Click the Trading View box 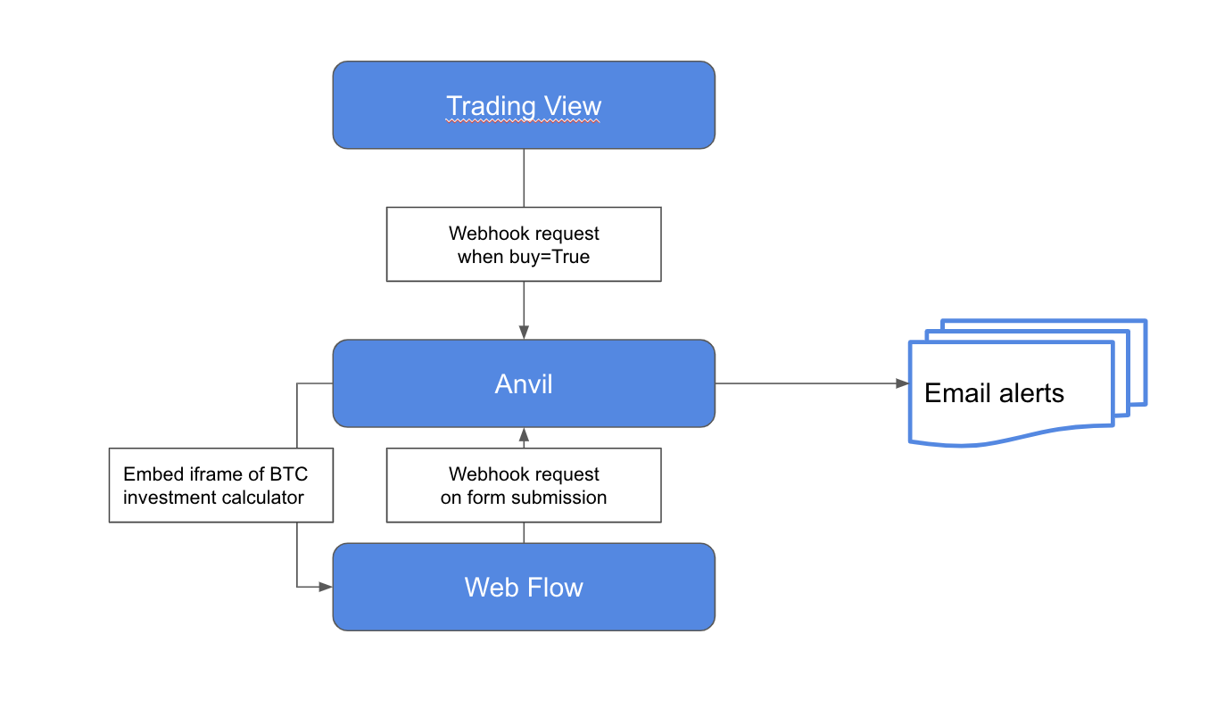[x=524, y=105]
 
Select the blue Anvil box [x=524, y=383]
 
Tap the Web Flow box [x=524, y=587]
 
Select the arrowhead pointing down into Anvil [x=524, y=332]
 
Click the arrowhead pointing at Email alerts [x=902, y=383]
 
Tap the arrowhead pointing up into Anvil [x=524, y=435]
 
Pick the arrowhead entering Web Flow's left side [x=326, y=587]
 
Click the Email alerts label [x=994, y=393]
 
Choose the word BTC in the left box [x=288, y=474]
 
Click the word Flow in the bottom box [x=557, y=587]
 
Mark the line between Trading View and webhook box [x=524, y=178]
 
